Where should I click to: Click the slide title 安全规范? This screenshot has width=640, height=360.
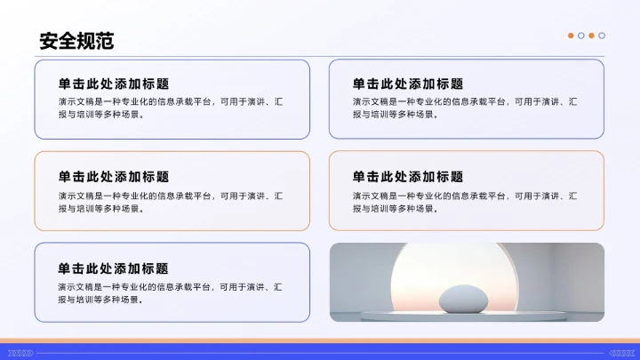click(x=76, y=41)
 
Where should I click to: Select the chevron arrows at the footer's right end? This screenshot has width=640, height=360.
click(x=620, y=353)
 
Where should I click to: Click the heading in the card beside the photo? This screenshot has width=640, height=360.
click(x=114, y=268)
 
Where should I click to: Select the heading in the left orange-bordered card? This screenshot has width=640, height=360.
click(x=114, y=177)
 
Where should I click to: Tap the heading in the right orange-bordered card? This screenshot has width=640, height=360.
click(x=407, y=177)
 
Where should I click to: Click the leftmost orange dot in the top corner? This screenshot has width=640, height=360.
click(x=571, y=36)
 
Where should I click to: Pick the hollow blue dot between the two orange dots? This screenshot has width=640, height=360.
click(x=581, y=36)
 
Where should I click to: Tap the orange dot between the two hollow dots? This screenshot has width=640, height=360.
click(x=591, y=36)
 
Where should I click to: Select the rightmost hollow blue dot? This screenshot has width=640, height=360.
click(x=602, y=36)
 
